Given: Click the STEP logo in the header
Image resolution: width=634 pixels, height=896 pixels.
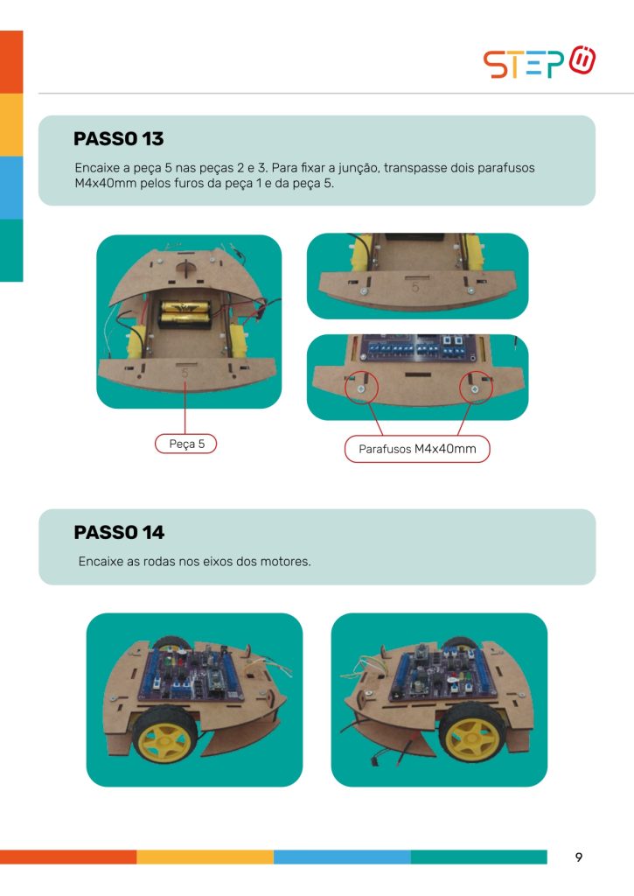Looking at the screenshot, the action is (540, 62).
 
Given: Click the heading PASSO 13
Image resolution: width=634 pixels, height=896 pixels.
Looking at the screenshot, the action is (119, 139).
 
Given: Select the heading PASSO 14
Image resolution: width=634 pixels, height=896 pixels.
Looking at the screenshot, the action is (119, 533).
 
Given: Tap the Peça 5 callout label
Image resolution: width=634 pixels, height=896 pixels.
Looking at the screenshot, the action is (186, 444).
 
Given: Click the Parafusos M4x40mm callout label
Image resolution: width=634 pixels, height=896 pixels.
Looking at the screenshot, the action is (417, 449).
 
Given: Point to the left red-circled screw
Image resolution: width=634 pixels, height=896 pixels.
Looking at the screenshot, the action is (361, 389).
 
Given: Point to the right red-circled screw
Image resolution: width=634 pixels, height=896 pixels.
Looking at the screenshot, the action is (475, 389).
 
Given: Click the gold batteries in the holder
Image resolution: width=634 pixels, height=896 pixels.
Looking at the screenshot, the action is (184, 311).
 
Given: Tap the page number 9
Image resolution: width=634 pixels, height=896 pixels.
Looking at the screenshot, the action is (579, 857).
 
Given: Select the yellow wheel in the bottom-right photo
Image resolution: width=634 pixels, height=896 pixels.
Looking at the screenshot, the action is (471, 732).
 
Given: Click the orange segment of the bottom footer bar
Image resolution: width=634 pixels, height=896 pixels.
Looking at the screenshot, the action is (68, 857).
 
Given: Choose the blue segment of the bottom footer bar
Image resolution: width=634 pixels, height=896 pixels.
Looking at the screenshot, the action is (342, 857).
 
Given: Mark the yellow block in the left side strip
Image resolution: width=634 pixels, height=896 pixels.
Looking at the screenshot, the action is (11, 125).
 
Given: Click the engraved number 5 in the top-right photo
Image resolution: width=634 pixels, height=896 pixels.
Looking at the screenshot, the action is (415, 287).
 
